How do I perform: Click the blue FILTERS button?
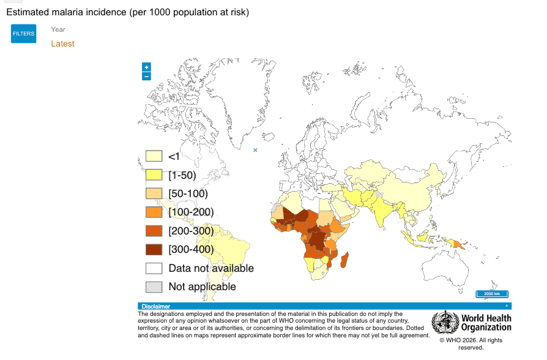[23, 34]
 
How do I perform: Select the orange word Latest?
[63, 43]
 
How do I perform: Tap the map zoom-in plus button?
[146, 67]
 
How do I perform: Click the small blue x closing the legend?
[255, 150]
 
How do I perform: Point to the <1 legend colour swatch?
[154, 156]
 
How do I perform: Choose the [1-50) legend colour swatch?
[154, 174]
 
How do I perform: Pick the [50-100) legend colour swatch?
[154, 193]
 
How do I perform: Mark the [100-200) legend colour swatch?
[154, 212]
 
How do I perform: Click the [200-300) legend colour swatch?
[154, 231]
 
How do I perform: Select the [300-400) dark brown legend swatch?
[154, 249]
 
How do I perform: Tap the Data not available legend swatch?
[154, 268]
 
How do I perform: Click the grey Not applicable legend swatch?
[154, 287]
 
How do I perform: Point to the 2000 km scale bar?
[492, 294]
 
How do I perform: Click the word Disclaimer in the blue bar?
[155, 306]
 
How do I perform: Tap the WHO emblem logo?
[445, 322]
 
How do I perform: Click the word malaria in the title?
[67, 12]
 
